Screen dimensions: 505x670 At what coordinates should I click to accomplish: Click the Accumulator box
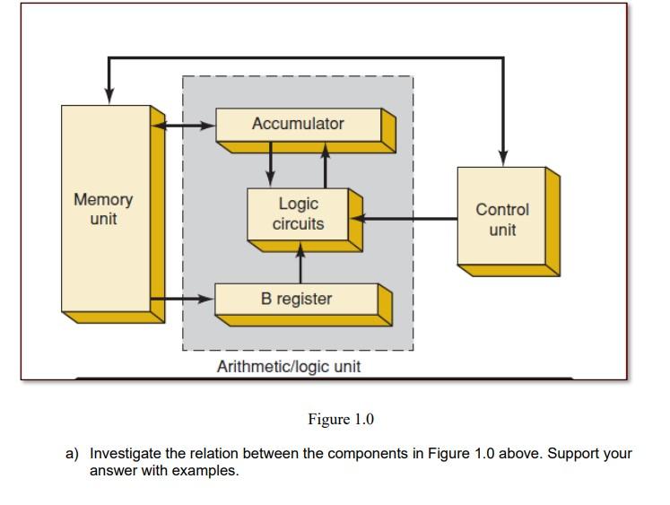tap(299, 125)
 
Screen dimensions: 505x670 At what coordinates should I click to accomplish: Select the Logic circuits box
tap(299, 213)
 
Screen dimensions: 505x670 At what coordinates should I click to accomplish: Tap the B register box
tap(297, 299)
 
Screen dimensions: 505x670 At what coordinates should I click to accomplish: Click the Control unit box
tap(502, 218)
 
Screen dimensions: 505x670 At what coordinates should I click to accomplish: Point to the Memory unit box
tap(104, 208)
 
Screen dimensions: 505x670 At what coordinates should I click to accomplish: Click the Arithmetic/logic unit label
tap(289, 367)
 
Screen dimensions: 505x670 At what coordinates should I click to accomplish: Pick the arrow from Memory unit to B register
tap(184, 298)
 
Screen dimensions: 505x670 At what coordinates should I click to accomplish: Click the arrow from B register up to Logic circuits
tap(300, 264)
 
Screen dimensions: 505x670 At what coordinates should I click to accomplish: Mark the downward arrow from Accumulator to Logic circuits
tap(271, 167)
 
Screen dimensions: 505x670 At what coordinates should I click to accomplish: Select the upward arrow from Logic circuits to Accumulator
tap(325, 167)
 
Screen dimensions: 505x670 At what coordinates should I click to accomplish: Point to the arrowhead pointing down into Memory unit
tap(109, 93)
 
